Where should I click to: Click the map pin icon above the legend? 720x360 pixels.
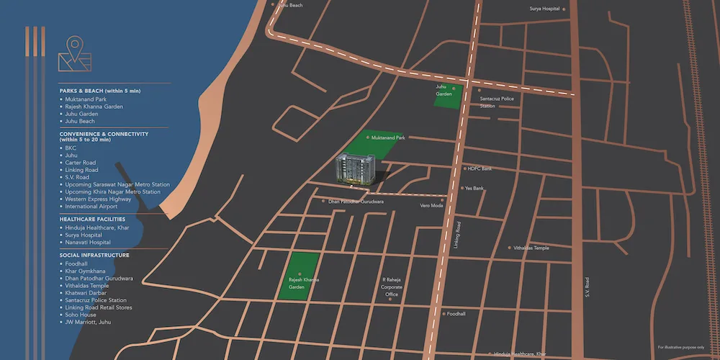click(x=74, y=53)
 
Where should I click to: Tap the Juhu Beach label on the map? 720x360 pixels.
click(x=289, y=6)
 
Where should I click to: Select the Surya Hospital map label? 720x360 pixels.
click(x=545, y=9)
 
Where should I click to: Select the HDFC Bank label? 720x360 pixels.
click(x=480, y=168)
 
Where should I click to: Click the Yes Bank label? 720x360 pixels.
click(x=474, y=189)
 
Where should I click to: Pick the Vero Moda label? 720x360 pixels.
click(x=431, y=205)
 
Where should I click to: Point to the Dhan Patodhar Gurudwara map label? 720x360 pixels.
click(x=356, y=202)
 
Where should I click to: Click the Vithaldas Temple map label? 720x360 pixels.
click(x=531, y=248)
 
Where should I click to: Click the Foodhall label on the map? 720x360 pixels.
click(x=456, y=314)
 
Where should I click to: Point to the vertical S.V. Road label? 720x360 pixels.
click(x=588, y=287)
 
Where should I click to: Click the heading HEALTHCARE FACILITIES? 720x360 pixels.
click(x=93, y=219)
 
